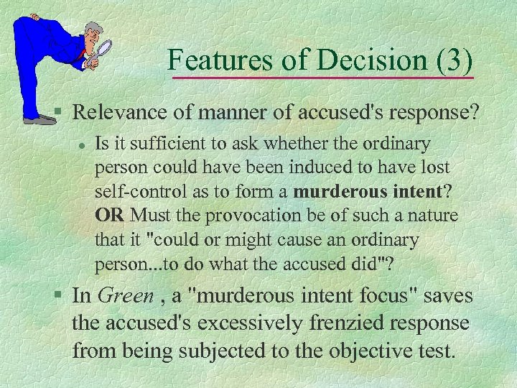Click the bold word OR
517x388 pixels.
click(110, 216)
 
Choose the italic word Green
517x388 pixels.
click(125, 295)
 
